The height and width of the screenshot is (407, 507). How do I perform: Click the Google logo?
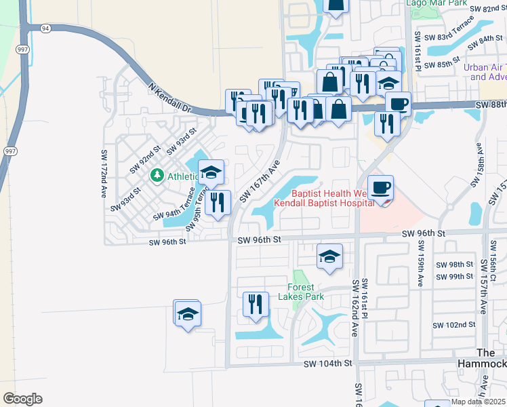point(22,399)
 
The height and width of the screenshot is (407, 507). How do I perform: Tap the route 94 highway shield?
point(45,28)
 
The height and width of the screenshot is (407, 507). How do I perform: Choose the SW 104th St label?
point(330,364)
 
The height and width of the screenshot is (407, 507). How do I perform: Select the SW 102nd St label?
point(454,325)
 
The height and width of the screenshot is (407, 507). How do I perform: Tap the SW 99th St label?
point(454,277)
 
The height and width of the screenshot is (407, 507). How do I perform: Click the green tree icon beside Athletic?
point(157,176)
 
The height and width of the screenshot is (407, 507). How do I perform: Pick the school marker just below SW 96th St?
point(329,256)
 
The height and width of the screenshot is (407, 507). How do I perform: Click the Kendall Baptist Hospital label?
point(324,203)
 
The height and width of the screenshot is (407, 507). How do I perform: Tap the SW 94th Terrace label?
point(179,206)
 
